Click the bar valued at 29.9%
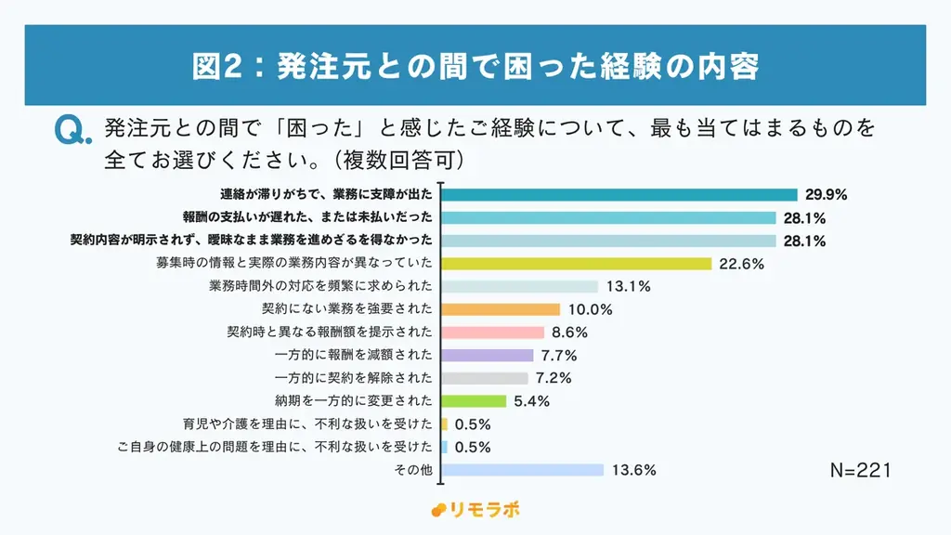click(619, 195)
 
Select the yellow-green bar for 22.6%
click(577, 264)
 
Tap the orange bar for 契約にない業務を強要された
click(501, 309)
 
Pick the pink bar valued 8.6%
click(493, 333)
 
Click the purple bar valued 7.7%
click(488, 355)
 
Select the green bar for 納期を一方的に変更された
click(475, 401)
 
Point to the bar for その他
click(523, 470)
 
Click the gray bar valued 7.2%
click(486, 378)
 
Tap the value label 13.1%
click(629, 287)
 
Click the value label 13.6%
click(634, 470)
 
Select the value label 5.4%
click(531, 401)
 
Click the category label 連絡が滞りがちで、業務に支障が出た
click(326, 195)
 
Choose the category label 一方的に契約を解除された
click(354, 378)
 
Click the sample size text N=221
click(860, 471)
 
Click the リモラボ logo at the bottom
click(475, 510)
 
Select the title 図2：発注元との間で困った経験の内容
click(475, 67)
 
